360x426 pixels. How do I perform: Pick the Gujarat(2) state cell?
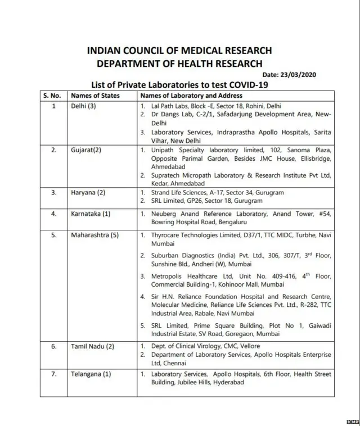coord(87,151)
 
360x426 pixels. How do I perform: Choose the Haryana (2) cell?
coord(88,193)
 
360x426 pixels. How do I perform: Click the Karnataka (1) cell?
coord(90,214)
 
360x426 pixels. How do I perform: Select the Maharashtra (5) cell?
coord(94,235)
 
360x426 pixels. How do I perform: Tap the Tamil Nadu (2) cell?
coord(92,346)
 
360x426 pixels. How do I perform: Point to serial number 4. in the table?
coord(54,214)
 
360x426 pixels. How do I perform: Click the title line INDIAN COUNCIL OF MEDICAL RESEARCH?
coord(179,51)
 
